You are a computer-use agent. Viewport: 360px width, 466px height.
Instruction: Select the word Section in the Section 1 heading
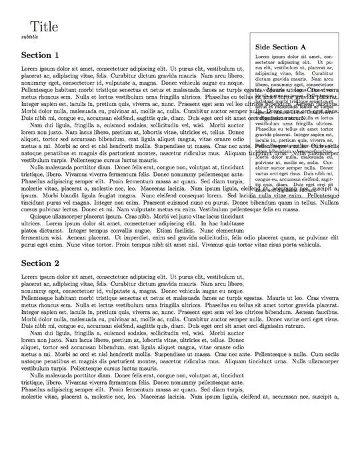pos(36,55)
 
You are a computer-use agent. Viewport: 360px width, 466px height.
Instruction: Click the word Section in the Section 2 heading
pos(36,263)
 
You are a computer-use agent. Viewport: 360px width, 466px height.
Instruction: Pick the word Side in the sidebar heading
pos(263,47)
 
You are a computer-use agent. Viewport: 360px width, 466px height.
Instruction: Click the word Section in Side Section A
pos(286,47)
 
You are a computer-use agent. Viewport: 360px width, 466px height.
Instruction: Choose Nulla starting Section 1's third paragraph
pos(39,167)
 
